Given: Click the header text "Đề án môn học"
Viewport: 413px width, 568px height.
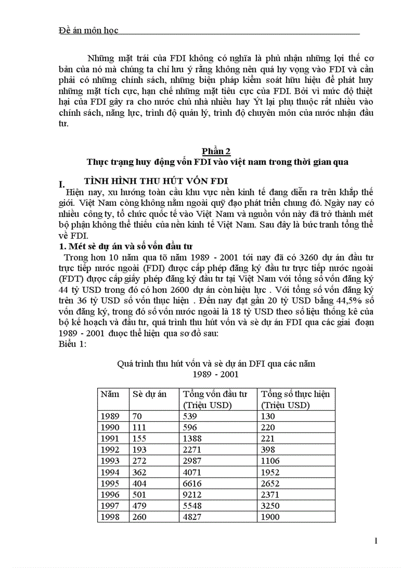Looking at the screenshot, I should [89, 30].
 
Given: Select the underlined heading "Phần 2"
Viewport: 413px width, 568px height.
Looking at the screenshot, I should [216, 151].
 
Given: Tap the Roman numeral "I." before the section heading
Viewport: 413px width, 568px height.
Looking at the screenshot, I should [63, 185].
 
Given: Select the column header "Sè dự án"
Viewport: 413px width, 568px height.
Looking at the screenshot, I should [149, 394].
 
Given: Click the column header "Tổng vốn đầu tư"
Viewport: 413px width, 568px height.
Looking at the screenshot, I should [215, 394].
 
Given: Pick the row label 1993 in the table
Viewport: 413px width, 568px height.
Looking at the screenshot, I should [110, 461].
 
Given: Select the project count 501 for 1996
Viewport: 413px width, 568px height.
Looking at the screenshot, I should [139, 495].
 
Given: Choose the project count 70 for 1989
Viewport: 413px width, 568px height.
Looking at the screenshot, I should [137, 416].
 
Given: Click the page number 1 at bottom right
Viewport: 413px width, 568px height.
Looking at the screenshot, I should [376, 541].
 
